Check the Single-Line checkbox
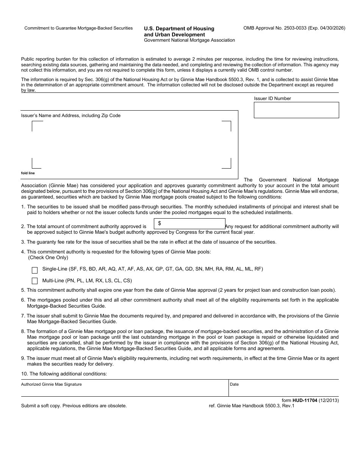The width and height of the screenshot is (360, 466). point(35,271)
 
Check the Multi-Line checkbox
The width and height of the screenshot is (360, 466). point(35,281)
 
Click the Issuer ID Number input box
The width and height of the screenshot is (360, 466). point(296,110)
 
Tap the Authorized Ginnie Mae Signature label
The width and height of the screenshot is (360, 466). point(51,385)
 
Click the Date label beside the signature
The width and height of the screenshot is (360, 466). point(234,385)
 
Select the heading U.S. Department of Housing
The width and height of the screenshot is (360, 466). point(179,29)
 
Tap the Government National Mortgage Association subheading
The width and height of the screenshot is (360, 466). point(189,40)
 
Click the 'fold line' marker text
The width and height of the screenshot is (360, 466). point(28,173)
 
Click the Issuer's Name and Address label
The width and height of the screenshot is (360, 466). point(70,116)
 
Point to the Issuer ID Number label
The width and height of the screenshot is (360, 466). point(272,99)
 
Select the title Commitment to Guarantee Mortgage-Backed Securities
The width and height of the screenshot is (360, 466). point(78,28)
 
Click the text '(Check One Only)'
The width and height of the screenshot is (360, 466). point(48,258)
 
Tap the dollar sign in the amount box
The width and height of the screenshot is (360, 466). point(160,224)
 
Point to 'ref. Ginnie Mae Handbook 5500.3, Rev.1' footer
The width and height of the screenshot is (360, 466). point(251,406)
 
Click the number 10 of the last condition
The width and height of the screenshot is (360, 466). point(24,374)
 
